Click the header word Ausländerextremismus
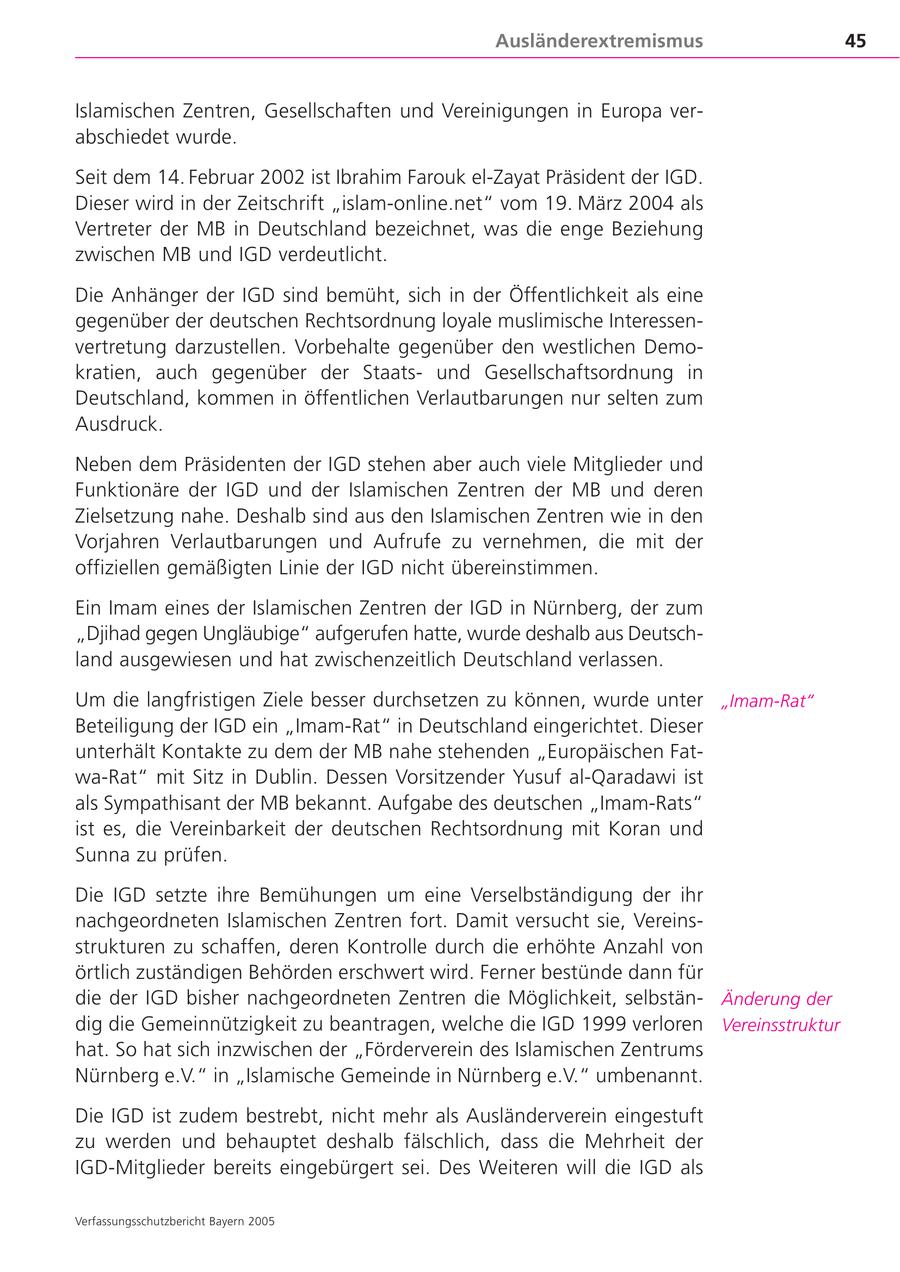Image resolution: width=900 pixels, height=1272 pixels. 599,41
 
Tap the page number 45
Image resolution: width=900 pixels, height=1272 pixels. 855,41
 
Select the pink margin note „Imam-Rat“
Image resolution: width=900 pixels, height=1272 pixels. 767,701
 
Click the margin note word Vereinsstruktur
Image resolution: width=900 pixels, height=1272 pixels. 781,1025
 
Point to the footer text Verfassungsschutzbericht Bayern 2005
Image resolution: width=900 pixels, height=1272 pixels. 175,1221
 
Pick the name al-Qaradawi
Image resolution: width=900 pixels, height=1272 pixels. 625,777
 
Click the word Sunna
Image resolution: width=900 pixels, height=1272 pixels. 104,855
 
